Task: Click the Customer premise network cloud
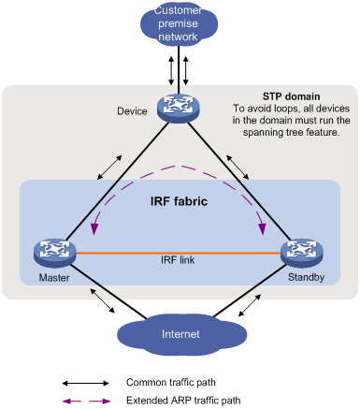pos(180,25)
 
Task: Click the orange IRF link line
pos(178,253)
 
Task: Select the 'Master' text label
pos(49,277)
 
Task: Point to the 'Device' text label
pos(132,111)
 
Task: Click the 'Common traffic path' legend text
pos(171,383)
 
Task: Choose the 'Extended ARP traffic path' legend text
pos(183,400)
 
